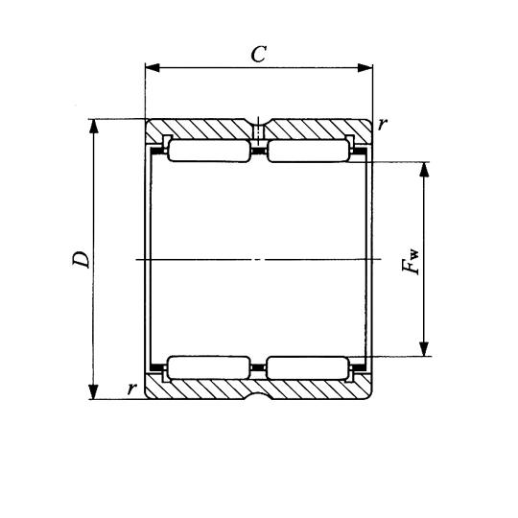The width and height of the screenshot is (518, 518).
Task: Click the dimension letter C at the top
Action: (x=259, y=54)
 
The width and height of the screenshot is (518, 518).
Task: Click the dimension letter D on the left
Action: (x=81, y=259)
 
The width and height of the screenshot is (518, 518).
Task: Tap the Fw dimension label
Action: (x=411, y=261)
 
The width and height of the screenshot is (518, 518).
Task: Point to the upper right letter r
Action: (x=382, y=124)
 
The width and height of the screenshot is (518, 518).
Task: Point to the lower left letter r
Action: (x=131, y=388)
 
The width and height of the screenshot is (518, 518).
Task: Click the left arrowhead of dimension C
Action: (x=153, y=68)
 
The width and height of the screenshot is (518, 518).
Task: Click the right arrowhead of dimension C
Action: (x=365, y=68)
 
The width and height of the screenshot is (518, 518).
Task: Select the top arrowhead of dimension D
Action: (x=94, y=127)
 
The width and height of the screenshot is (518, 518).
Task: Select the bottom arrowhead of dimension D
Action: (x=94, y=391)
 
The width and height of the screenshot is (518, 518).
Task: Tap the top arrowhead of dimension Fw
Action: (x=425, y=170)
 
